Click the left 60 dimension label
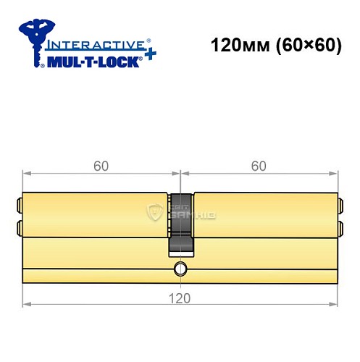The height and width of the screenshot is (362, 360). click(101, 166)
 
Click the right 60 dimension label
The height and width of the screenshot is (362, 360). click(258, 166)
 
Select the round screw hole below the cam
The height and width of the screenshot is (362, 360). click(180, 271)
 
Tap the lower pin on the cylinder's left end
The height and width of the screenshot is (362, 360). click(19, 230)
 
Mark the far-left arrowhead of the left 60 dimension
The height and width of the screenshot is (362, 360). click(27, 174)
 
